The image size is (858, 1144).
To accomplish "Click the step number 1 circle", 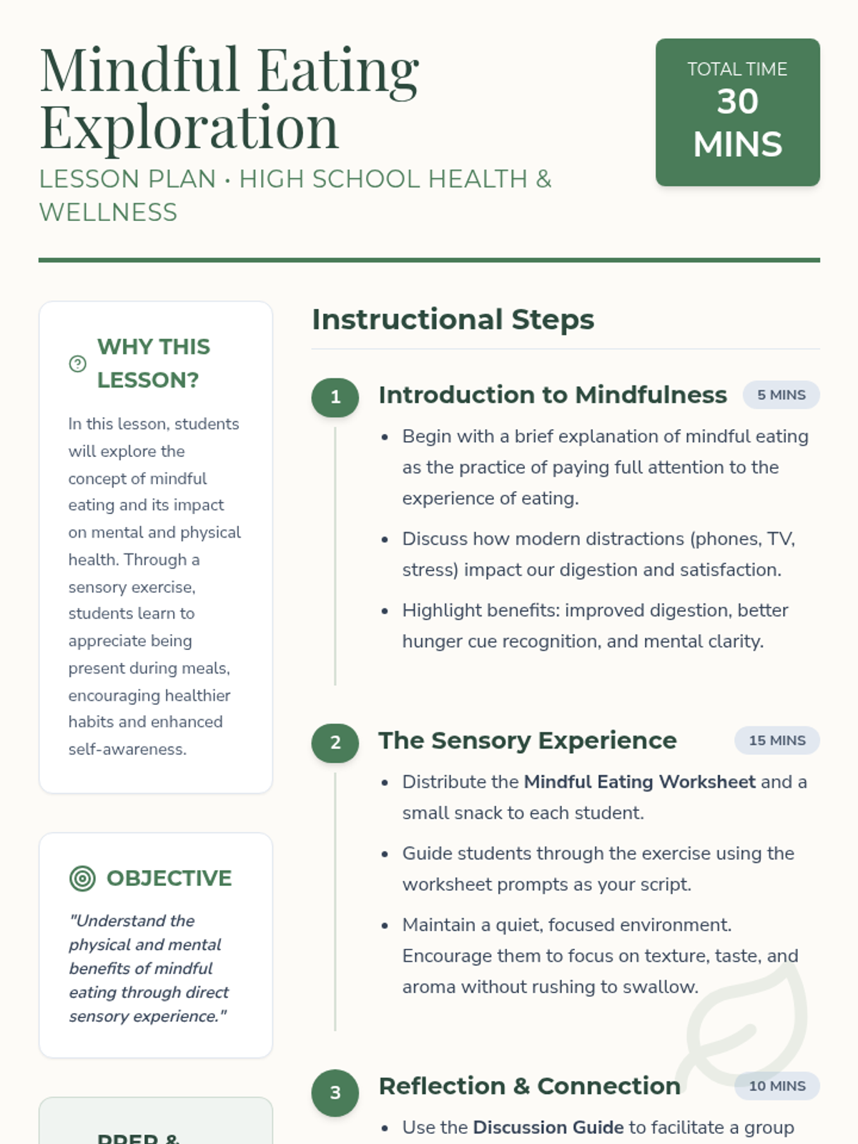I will point(335,398).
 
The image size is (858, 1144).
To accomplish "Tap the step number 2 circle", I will point(335,743).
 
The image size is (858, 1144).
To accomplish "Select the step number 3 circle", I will point(335,1093).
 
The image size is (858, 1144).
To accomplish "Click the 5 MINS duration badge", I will point(781,395).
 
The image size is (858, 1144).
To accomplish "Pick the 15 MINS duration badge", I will point(776,741).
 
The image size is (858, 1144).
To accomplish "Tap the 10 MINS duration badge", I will point(776,1086).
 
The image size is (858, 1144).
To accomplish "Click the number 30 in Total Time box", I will point(737,102).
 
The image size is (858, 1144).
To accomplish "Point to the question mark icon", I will point(77,364).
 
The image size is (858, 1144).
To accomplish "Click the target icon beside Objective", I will point(82,878).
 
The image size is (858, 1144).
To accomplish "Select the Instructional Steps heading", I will point(453,320).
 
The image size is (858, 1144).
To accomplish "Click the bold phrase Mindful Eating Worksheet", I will point(639,782).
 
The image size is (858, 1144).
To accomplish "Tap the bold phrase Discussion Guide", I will point(548,1128).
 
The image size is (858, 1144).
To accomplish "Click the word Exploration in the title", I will point(189,127).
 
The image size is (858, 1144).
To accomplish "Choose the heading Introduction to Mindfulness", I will point(552,395).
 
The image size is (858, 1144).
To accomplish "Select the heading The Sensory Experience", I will point(527,741).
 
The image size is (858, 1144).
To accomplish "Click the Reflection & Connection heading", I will point(529,1086).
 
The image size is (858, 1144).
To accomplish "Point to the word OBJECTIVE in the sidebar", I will point(169,878).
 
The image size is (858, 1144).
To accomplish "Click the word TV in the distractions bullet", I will point(779,539).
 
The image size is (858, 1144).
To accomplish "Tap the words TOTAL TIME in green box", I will point(737,69).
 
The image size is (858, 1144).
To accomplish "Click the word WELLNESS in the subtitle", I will point(108,213).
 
